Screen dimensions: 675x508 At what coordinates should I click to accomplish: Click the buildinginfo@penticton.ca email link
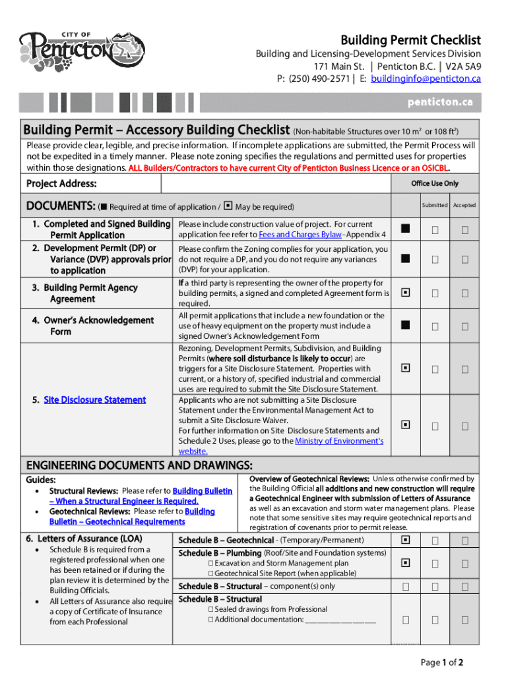426,79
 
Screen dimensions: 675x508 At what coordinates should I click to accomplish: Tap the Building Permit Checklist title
410,40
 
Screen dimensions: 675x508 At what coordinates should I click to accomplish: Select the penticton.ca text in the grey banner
440,102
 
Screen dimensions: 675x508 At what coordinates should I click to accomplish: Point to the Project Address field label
61,184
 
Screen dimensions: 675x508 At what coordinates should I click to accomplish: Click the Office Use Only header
434,183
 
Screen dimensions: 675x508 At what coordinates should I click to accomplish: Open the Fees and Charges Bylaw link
300,235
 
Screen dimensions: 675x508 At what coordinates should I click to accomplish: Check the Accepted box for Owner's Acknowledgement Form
465,326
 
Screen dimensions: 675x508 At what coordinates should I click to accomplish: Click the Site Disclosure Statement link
94,399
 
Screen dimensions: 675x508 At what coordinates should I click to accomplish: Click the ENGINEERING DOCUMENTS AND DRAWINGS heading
139,465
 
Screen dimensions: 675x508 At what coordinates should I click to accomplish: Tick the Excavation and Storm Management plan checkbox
210,564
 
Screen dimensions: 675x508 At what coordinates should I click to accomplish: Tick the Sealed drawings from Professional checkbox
210,609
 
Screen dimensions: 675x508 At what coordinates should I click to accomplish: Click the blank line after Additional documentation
340,620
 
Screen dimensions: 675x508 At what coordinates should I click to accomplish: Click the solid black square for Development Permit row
405,259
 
